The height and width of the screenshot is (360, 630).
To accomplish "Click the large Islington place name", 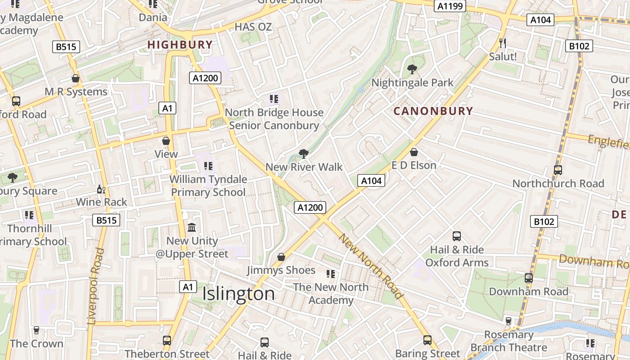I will coord(238,294).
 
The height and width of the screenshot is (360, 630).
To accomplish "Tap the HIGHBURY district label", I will coord(180,45).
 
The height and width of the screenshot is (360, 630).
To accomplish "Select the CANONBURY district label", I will coord(433,111).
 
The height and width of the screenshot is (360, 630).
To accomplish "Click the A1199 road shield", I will coord(450,6).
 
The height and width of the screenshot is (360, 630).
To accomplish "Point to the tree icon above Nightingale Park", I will coord(412,69).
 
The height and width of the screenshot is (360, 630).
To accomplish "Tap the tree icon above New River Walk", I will coord(304,154).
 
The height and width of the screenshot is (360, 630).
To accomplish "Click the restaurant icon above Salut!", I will coord(503,43).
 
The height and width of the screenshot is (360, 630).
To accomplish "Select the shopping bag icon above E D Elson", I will coord(414,152).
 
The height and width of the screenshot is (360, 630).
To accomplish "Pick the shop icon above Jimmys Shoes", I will coord(281,257).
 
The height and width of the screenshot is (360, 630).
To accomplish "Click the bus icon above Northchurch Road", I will coord(558,170).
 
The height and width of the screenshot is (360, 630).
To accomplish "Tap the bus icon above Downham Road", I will coord(529,278).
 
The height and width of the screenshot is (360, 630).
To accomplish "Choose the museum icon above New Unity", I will coord(192,227).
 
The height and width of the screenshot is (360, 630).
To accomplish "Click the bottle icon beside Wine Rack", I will coord(101,189).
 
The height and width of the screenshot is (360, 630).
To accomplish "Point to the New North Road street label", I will coord(371,266).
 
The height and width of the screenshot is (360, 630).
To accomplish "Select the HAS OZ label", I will coord(253,27).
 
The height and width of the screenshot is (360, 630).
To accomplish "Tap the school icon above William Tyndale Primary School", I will coord(208,166).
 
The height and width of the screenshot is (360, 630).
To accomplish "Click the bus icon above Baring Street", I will coord(427,340).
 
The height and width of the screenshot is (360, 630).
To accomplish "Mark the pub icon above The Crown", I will coord(36,330).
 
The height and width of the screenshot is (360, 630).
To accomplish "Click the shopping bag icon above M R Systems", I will coord(76,78).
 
